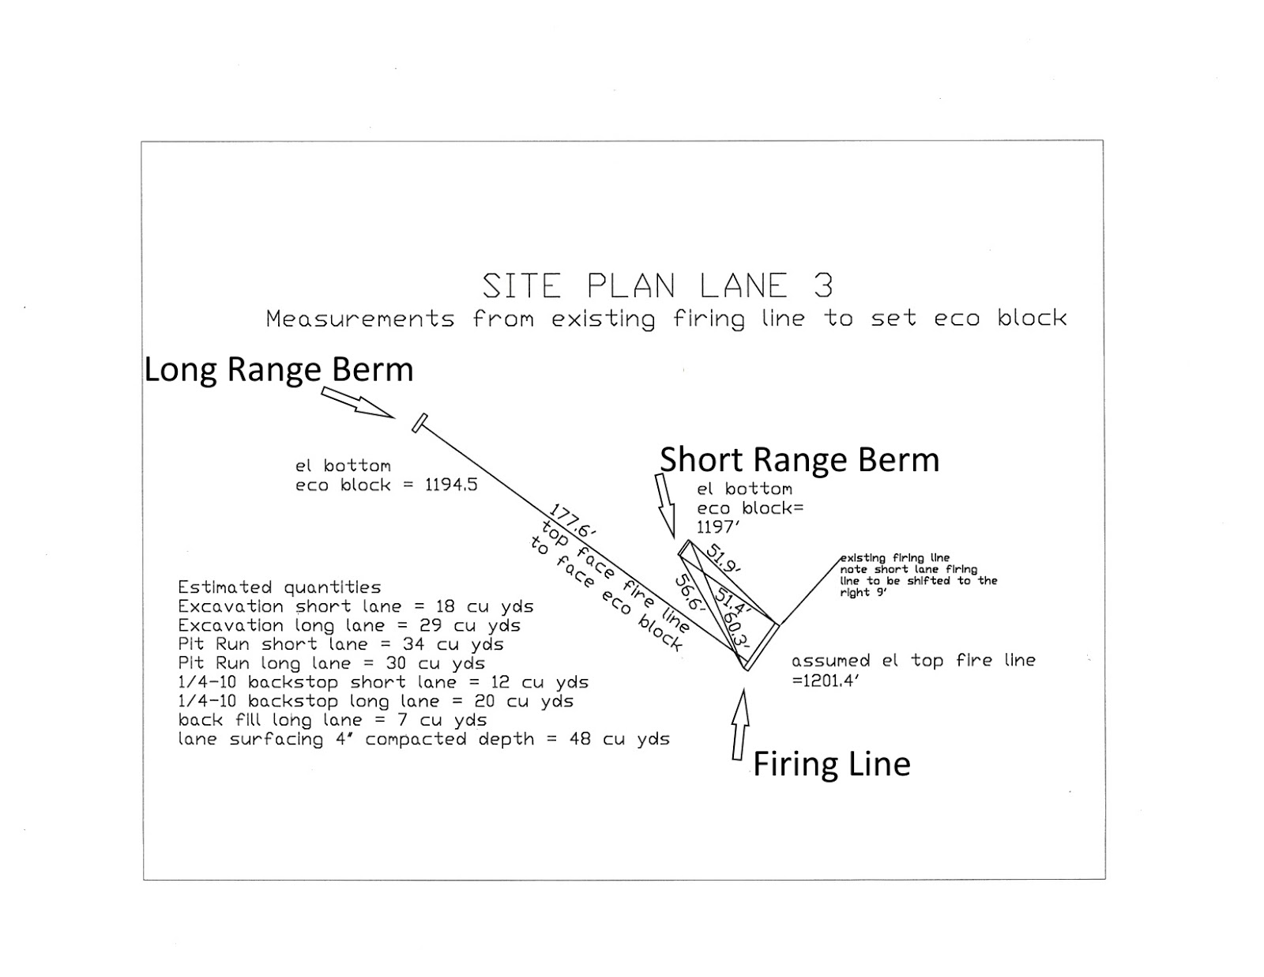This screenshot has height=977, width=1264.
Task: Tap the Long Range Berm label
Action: click(x=278, y=370)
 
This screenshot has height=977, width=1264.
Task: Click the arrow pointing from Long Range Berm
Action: click(x=358, y=402)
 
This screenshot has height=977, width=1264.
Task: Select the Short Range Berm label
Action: click(x=799, y=460)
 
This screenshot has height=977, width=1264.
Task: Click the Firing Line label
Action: click(x=831, y=764)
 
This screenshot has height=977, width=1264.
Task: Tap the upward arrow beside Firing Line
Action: click(x=740, y=724)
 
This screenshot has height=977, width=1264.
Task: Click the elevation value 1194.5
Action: click(x=451, y=485)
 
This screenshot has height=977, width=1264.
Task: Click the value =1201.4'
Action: click(x=825, y=680)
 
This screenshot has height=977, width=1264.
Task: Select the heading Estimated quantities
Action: click(x=279, y=587)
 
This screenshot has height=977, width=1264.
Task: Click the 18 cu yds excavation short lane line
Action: click(x=355, y=606)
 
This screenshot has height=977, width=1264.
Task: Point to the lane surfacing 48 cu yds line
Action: click(x=423, y=739)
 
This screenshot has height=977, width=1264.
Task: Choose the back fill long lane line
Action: click(x=332, y=720)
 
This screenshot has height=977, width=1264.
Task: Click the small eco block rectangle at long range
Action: click(x=419, y=423)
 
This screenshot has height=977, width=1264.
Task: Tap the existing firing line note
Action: click(x=918, y=575)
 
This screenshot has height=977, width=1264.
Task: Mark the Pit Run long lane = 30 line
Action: click(x=331, y=663)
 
